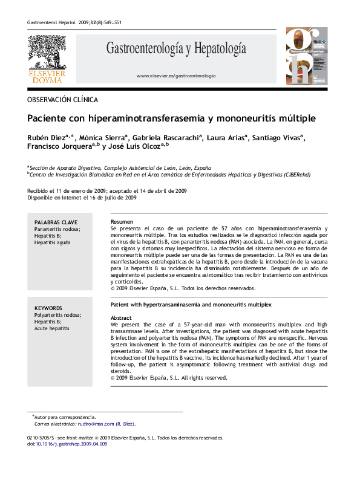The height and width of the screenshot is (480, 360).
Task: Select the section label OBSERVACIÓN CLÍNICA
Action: click(x=62, y=100)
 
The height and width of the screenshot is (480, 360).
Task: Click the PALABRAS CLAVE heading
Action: click(x=56, y=223)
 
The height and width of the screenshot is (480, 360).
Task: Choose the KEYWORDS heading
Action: click(x=49, y=308)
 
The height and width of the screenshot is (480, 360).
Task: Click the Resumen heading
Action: click(x=122, y=222)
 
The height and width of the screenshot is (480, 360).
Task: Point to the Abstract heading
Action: click(x=122, y=317)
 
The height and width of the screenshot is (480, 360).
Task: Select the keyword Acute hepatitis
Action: click(x=52, y=328)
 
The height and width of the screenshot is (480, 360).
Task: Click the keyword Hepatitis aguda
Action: click(x=52, y=242)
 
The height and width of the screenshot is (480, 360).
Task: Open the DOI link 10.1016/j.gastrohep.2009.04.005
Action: click(x=73, y=444)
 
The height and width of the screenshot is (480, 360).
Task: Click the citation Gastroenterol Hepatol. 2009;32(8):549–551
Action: click(x=74, y=22)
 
